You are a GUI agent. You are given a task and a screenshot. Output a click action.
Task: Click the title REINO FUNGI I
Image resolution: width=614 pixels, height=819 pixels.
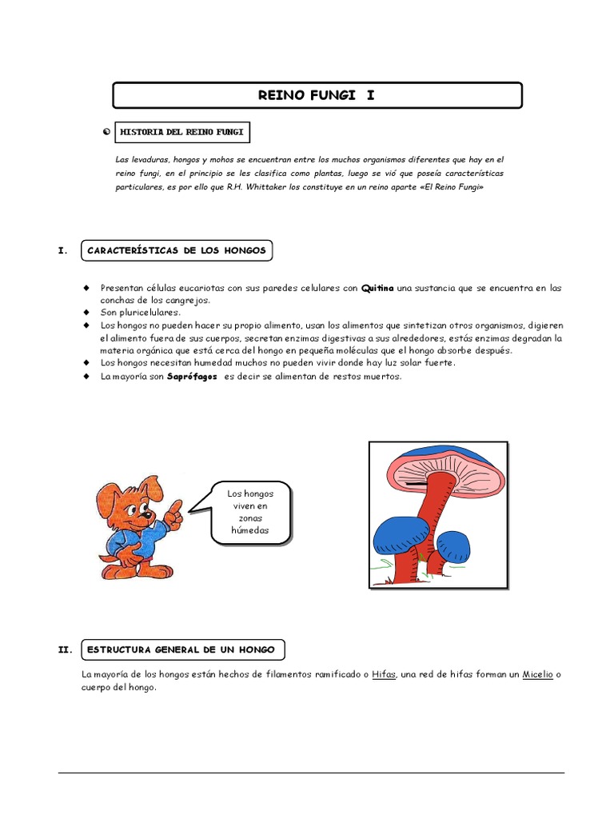coord(317,95)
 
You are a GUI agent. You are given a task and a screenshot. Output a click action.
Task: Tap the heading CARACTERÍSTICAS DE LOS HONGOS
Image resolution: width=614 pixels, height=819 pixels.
coord(177,251)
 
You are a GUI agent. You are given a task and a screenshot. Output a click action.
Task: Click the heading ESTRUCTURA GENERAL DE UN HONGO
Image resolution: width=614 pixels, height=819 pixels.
coord(182,649)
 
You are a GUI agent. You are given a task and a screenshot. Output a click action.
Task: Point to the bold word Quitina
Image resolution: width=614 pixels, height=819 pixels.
coord(378,288)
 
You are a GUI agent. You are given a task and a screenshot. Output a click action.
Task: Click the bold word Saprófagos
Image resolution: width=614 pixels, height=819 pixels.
coord(192,377)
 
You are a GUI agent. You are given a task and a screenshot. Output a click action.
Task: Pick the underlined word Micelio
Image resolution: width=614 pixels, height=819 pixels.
coord(537,675)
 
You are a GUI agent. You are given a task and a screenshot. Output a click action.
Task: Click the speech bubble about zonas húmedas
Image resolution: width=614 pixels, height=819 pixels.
coord(250,513)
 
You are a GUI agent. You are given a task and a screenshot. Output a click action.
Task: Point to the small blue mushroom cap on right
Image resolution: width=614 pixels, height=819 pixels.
coord(453,545)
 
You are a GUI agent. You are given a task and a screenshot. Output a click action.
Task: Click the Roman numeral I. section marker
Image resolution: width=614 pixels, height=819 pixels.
coord(63,251)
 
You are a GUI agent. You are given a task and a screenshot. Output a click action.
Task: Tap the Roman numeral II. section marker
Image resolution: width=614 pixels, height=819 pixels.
coord(66,649)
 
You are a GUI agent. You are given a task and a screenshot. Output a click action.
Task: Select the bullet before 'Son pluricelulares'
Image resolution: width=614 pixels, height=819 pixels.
coord(85,313)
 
